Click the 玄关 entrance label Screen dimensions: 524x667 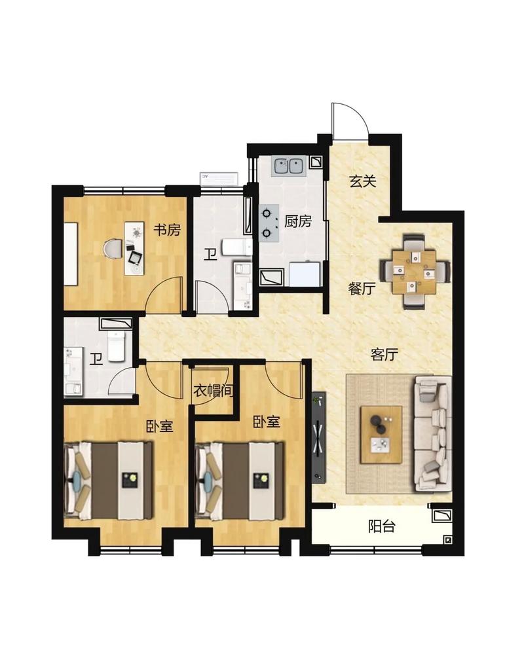click(x=363, y=182)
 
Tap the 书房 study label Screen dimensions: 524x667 click(x=167, y=230)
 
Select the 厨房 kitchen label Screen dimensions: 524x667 click(x=297, y=221)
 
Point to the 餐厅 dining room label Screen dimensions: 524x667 click(x=362, y=289)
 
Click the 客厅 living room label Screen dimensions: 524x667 click(x=384, y=354)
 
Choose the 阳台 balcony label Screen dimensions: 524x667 click(x=381, y=527)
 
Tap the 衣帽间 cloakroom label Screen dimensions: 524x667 click(x=214, y=391)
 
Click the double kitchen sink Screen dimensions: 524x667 click(x=289, y=166)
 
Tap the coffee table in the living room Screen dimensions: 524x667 click(x=381, y=434)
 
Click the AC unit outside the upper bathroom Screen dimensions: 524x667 click(x=219, y=179)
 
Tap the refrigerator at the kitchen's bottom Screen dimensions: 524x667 click(x=305, y=274)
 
